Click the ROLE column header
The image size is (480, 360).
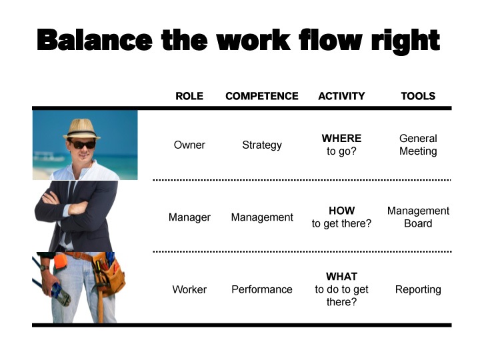click(x=189, y=96)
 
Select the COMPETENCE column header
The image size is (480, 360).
click(x=262, y=96)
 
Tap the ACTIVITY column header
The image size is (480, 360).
click(x=341, y=96)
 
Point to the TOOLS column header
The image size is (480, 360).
click(x=418, y=96)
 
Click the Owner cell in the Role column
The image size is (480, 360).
click(x=189, y=145)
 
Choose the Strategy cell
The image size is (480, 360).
click(x=262, y=145)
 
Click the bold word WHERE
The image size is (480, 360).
click(x=341, y=139)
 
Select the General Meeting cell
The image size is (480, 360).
click(x=418, y=145)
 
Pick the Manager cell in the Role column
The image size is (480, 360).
click(x=189, y=217)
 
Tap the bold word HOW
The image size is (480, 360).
click(x=341, y=211)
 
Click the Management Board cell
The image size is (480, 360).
click(x=418, y=217)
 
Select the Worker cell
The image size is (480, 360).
click(x=189, y=289)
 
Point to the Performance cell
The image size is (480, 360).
click(x=262, y=289)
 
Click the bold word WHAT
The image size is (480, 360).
click(x=341, y=277)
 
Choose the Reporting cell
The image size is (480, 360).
click(x=418, y=289)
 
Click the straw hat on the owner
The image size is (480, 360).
click(x=81, y=129)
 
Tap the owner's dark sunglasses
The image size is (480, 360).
click(x=82, y=143)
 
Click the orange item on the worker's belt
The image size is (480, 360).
click(x=60, y=261)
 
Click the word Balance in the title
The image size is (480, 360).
click(x=95, y=40)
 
